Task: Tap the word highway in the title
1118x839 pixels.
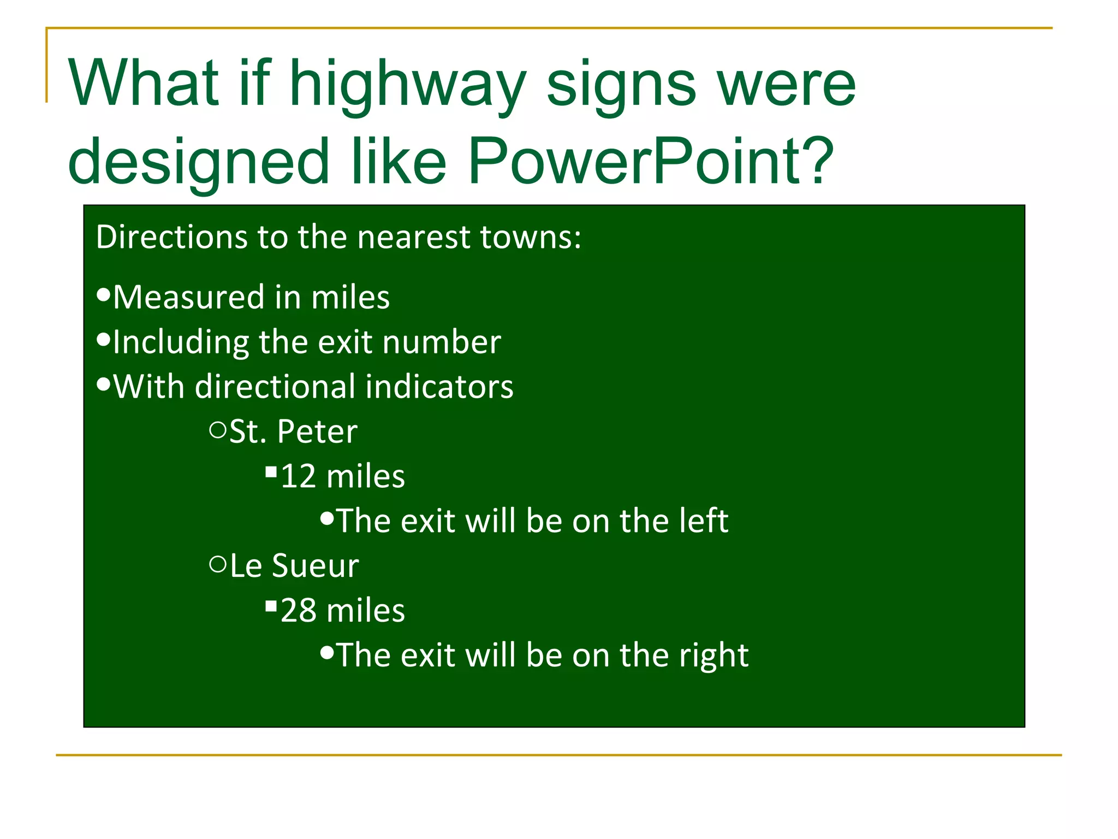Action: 407,85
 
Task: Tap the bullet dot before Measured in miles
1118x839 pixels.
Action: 103,295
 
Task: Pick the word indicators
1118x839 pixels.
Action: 439,387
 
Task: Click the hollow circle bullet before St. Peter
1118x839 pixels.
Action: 217,430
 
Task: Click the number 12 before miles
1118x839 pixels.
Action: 298,476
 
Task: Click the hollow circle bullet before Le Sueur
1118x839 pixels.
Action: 217,564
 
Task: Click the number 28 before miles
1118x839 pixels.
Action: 298,611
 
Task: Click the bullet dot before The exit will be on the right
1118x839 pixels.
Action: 326,652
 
